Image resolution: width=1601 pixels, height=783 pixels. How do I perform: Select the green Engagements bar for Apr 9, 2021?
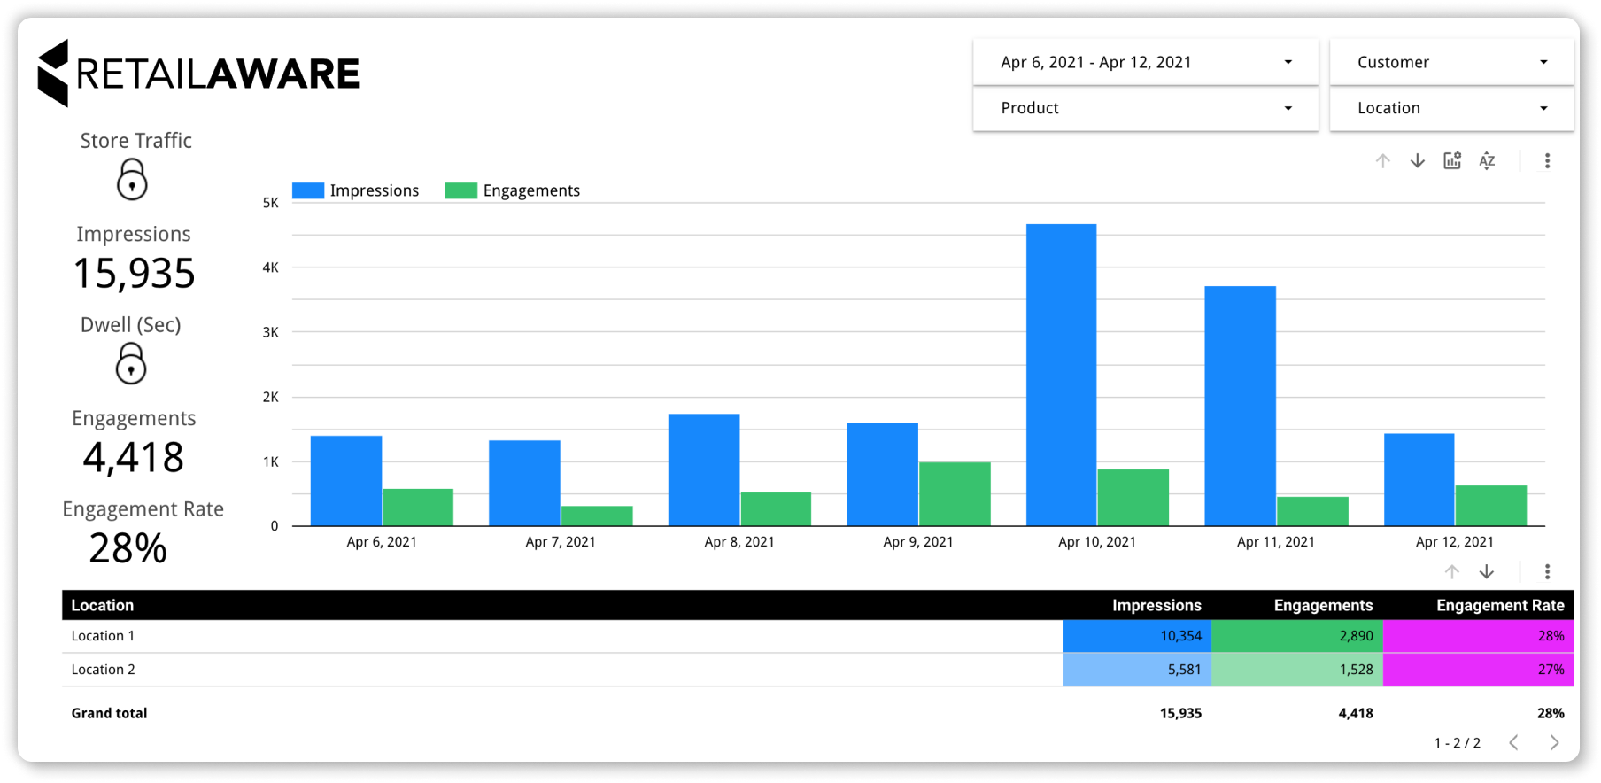(x=955, y=493)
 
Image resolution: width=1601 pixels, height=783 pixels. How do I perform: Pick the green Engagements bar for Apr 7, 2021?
(x=597, y=516)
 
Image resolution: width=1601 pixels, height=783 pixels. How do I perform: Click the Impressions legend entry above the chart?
(x=356, y=190)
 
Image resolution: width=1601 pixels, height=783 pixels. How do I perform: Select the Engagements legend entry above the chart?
(x=513, y=190)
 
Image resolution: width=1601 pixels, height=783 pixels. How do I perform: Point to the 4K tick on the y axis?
(x=270, y=267)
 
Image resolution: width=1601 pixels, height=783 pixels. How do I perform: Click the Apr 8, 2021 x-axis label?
(x=739, y=542)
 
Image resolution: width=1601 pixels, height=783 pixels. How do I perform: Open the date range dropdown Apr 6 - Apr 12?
(x=1145, y=62)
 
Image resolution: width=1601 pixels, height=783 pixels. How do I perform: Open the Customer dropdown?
(x=1451, y=62)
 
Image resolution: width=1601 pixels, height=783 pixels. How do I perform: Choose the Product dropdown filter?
(x=1145, y=108)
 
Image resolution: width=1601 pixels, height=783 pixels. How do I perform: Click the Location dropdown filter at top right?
(x=1451, y=108)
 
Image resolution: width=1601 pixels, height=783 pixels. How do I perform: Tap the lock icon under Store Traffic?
(x=132, y=180)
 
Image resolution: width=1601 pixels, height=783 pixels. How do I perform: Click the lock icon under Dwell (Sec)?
(x=131, y=363)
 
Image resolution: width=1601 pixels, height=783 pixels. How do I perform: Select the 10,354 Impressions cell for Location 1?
(x=1137, y=636)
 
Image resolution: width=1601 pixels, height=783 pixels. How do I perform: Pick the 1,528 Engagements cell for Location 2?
(x=1297, y=670)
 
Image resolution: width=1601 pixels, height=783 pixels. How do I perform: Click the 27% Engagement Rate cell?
(x=1478, y=670)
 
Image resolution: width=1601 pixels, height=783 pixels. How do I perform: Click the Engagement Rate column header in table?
(x=1500, y=605)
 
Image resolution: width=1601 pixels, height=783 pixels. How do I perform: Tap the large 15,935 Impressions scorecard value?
(x=134, y=274)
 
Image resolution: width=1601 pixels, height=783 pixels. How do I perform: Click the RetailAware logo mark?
(x=53, y=74)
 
